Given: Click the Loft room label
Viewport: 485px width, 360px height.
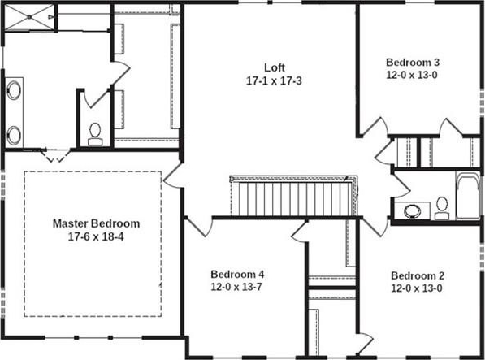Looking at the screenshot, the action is point(275,67).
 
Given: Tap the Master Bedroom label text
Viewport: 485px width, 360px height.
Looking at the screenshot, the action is point(96,223).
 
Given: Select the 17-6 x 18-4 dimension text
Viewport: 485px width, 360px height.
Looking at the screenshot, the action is point(96,237).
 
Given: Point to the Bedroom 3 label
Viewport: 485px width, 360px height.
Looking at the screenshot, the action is point(413,62).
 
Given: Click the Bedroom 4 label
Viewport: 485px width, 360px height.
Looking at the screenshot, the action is point(237,275).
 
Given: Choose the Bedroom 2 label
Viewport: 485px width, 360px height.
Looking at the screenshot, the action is point(418,275).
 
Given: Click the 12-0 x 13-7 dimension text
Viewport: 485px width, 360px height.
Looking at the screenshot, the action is point(236,287).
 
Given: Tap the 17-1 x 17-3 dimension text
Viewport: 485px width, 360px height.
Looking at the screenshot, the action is point(274,81).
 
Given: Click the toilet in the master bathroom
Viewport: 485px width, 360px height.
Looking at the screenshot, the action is point(95,134).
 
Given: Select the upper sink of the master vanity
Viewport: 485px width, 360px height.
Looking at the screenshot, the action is point(14,90).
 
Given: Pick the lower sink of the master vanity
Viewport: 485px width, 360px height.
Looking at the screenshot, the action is point(14,136).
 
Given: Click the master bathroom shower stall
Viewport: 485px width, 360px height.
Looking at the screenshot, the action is point(30,17).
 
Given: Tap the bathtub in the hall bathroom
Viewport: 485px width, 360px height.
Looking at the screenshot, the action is point(468,196).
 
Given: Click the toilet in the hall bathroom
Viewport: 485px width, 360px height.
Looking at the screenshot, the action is point(442,209).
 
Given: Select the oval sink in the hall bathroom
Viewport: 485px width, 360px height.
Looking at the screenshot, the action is point(413,211).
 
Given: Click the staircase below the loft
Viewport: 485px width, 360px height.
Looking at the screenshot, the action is point(293,196).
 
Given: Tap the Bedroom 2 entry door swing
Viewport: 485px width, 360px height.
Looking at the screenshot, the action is point(375,227).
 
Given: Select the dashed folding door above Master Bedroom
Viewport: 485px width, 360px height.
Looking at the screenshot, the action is point(56,155).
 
